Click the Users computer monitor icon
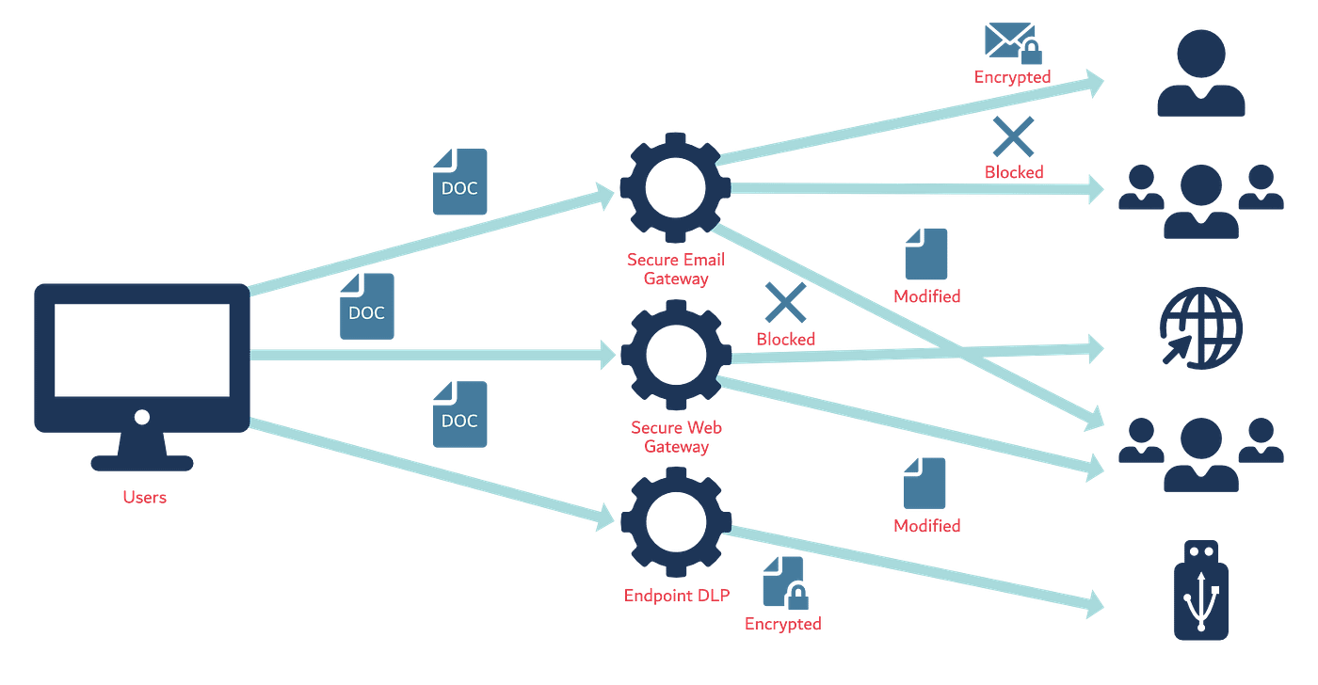(141, 358)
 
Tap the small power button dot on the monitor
(142, 416)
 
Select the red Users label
(145, 498)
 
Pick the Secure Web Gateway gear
(674, 356)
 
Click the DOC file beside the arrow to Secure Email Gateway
(459, 182)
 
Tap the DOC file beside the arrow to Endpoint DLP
(459, 415)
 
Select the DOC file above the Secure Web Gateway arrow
(366, 307)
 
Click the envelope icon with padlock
(1009, 42)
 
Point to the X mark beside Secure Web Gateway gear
(785, 303)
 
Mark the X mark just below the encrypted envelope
(1013, 137)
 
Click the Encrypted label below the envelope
(1013, 77)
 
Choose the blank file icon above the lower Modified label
(925, 484)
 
